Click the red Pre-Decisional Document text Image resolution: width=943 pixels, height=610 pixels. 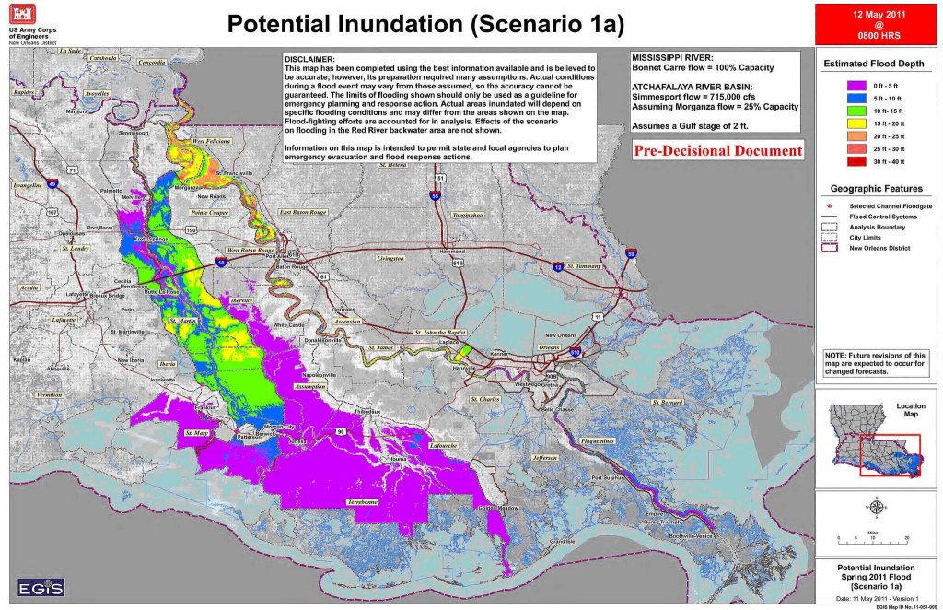tap(718, 150)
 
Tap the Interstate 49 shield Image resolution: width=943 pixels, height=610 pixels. tap(52, 184)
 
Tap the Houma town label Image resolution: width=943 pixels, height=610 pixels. tap(397, 458)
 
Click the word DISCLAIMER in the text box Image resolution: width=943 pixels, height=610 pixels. tap(310, 58)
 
